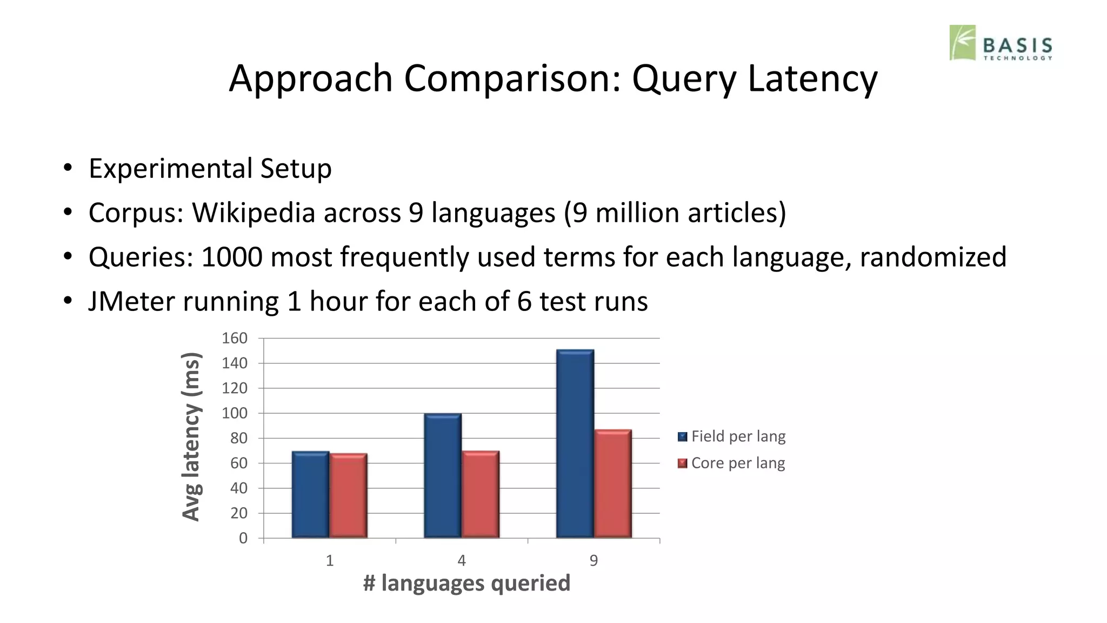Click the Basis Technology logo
click(x=1001, y=43)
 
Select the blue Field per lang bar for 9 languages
click(x=575, y=443)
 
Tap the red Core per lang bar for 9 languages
click(x=613, y=483)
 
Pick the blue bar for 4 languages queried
click(x=443, y=475)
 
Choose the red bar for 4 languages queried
click(x=481, y=494)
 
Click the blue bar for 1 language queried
click(x=310, y=494)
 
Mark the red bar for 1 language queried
click(x=349, y=495)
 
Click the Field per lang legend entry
click(x=732, y=436)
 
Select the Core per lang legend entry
click(x=732, y=463)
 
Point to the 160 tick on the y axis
click(x=234, y=339)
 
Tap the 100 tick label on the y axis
click(x=234, y=413)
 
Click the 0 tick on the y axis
click(x=243, y=538)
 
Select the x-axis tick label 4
click(x=462, y=561)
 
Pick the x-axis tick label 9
click(x=593, y=561)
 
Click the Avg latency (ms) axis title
click(x=191, y=436)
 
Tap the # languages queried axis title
click(x=466, y=584)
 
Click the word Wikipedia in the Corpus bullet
click(x=254, y=213)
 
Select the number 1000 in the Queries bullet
click(x=232, y=257)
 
